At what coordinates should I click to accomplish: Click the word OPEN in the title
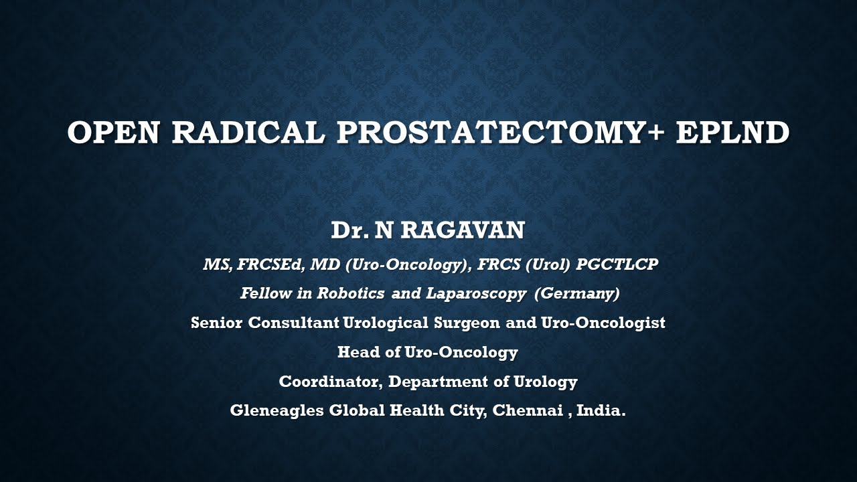[x=113, y=133]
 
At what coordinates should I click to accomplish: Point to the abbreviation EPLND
[x=732, y=133]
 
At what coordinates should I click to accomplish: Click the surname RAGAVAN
[x=463, y=231]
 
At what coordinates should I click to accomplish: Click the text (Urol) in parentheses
[x=548, y=265]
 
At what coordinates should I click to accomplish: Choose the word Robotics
[x=351, y=294]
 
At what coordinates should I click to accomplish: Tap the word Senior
[x=217, y=323]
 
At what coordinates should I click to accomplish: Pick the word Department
[x=439, y=382]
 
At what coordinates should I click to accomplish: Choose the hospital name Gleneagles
[x=277, y=410]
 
